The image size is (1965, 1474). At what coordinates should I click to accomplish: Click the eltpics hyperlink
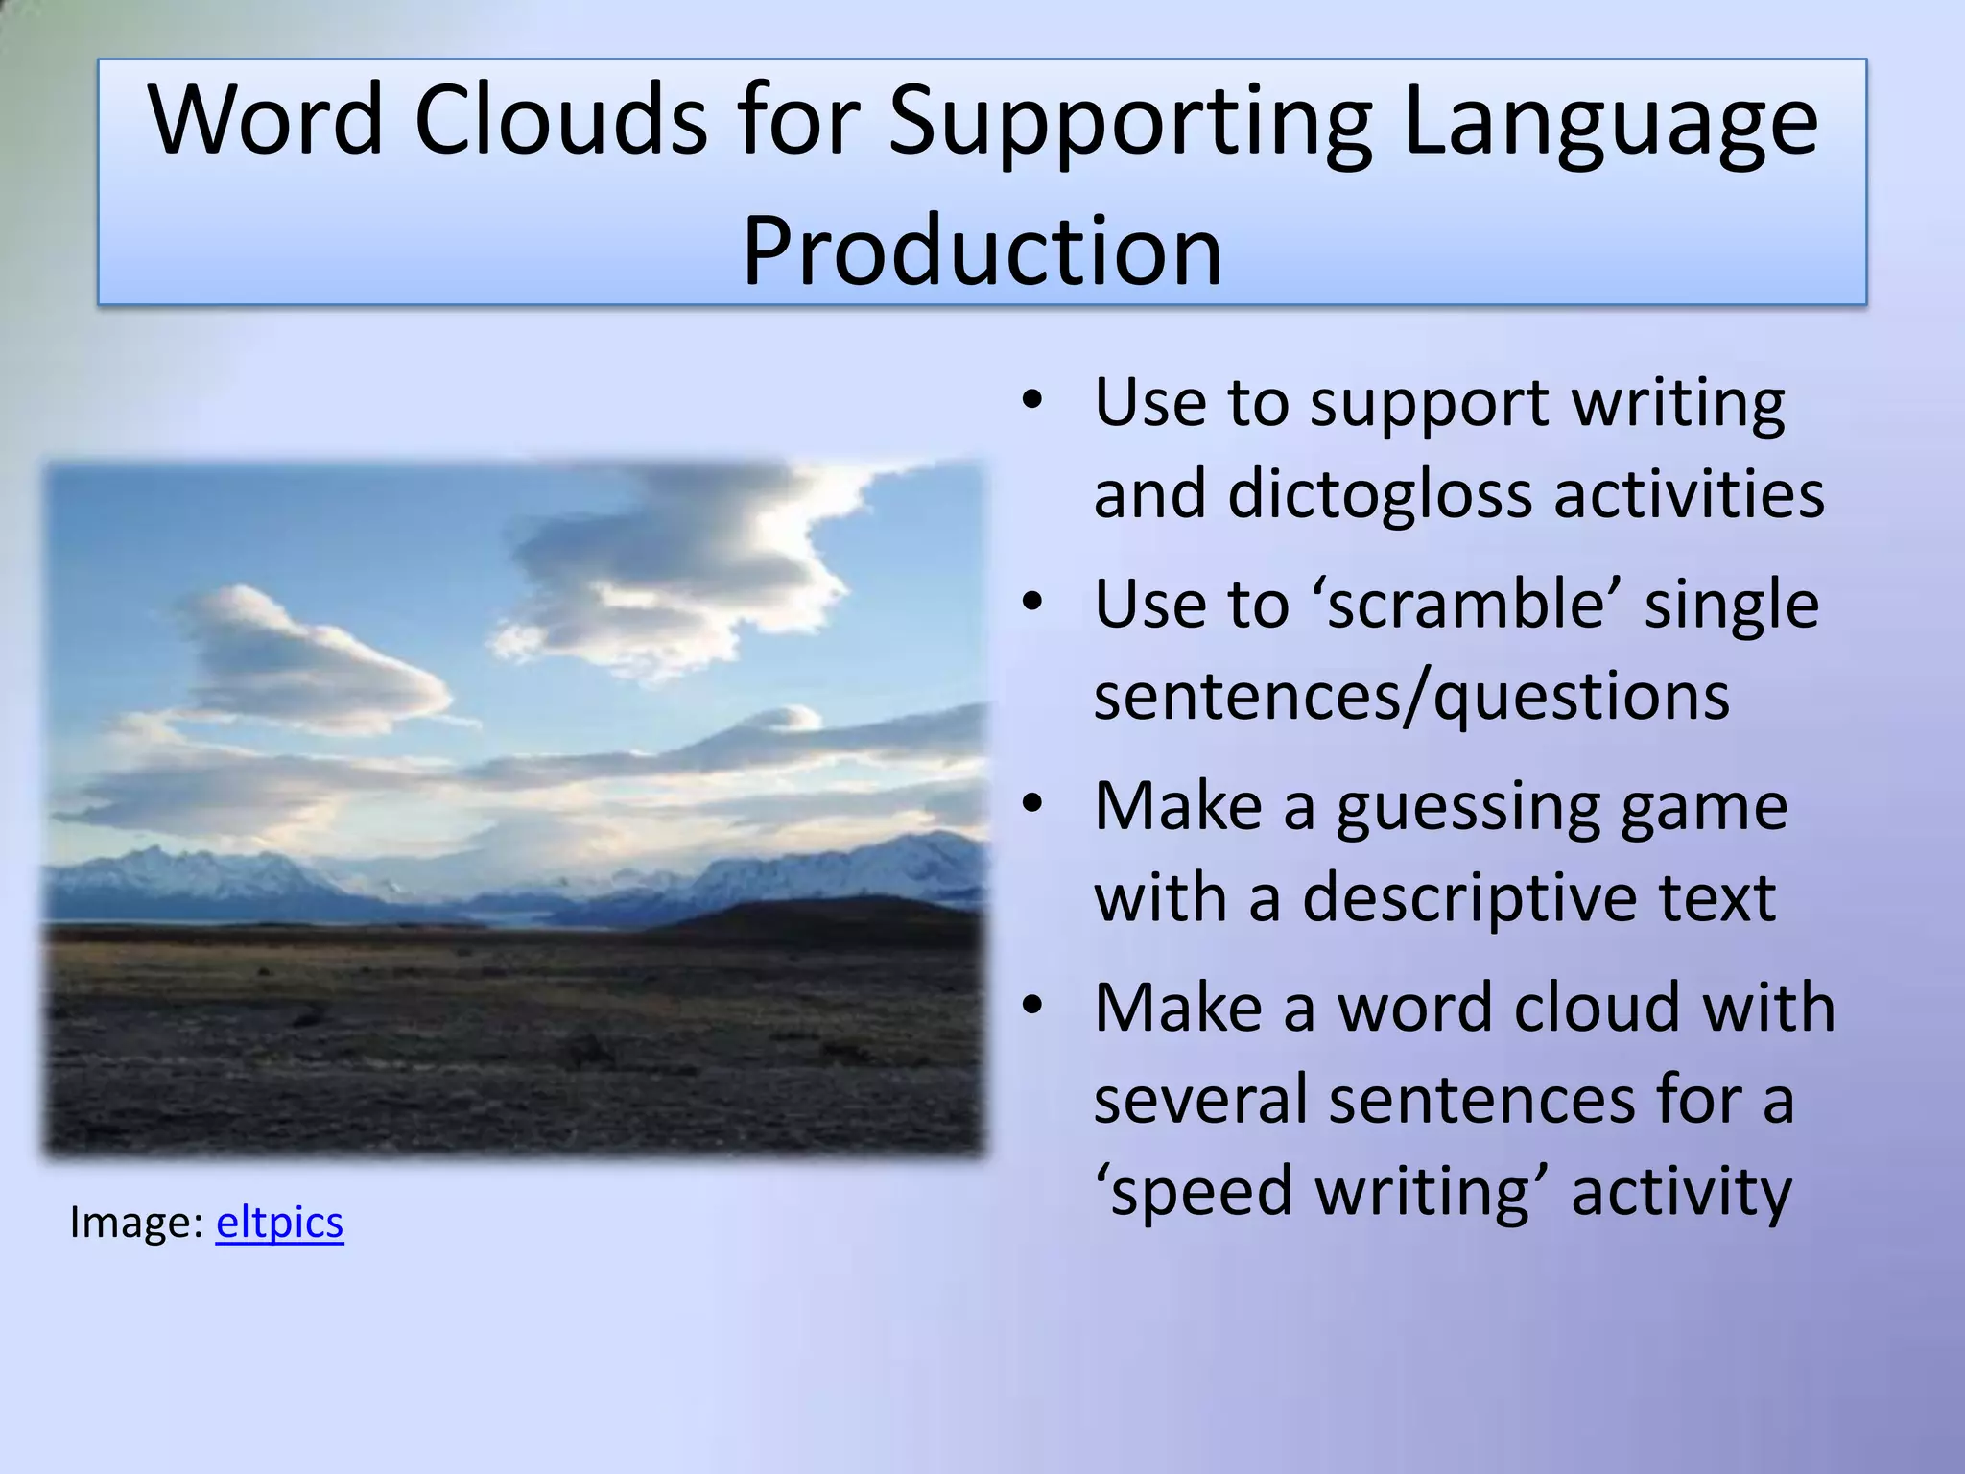(x=279, y=1223)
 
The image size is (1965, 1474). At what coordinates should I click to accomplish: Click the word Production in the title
(x=982, y=251)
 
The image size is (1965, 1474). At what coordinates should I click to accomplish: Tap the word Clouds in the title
(x=560, y=121)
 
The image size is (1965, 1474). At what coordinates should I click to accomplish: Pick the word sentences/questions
(x=1411, y=697)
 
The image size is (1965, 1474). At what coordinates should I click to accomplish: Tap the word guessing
(x=1467, y=809)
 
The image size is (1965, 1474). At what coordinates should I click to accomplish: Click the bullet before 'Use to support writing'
(x=1031, y=401)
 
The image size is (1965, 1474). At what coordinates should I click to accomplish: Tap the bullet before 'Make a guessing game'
(x=1031, y=804)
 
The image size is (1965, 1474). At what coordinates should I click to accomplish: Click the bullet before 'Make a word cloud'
(x=1031, y=1006)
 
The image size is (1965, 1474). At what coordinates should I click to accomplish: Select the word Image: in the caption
(x=135, y=1223)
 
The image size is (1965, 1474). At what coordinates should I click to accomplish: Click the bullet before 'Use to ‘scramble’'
(x=1031, y=603)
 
